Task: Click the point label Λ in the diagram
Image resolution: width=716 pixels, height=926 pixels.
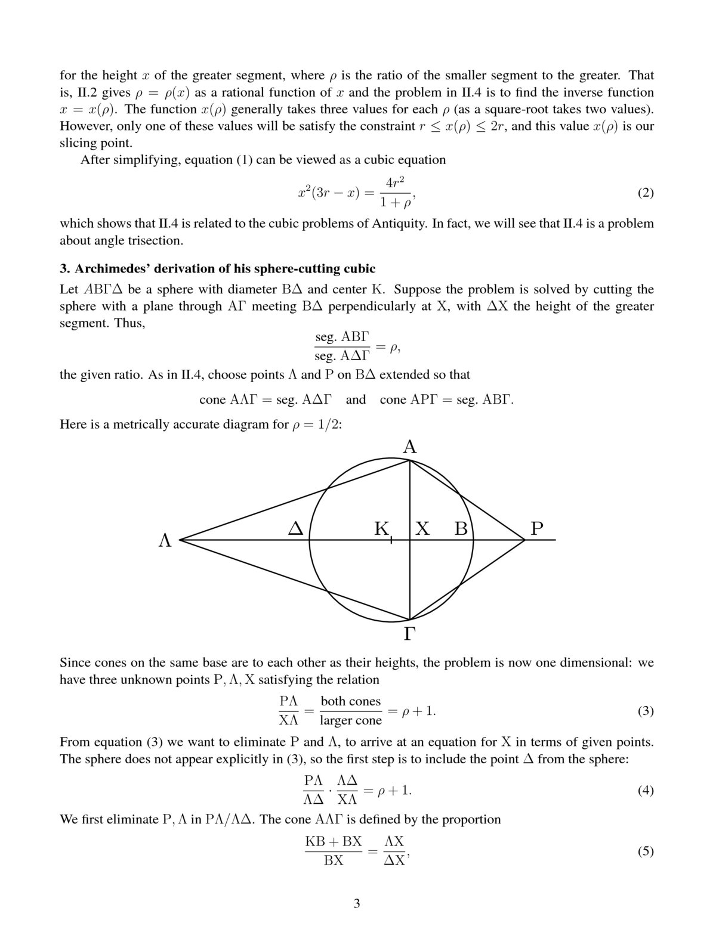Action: click(165, 541)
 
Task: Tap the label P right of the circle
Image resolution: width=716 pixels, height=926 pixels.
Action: click(537, 528)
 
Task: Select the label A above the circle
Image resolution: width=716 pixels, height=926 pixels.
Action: click(410, 447)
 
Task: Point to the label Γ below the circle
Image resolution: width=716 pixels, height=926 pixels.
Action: click(409, 634)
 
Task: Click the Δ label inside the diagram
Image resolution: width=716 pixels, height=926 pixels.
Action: click(296, 528)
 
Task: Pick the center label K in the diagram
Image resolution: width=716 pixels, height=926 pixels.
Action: click(381, 528)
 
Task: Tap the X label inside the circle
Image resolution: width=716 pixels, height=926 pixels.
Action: click(422, 528)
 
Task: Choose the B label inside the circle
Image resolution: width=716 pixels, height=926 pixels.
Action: click(461, 528)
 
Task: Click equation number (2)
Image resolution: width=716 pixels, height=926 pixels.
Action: click(646, 193)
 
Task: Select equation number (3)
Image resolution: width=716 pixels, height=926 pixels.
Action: click(646, 711)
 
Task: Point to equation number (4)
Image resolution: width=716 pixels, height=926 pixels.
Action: click(646, 791)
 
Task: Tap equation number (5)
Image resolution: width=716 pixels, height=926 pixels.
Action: click(646, 851)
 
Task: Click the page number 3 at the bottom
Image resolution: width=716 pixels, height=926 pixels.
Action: click(357, 903)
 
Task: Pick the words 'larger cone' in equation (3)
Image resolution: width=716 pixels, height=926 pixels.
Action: click(351, 720)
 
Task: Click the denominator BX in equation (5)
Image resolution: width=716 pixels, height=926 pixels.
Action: click(334, 860)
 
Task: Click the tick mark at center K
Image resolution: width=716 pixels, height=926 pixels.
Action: click(391, 540)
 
